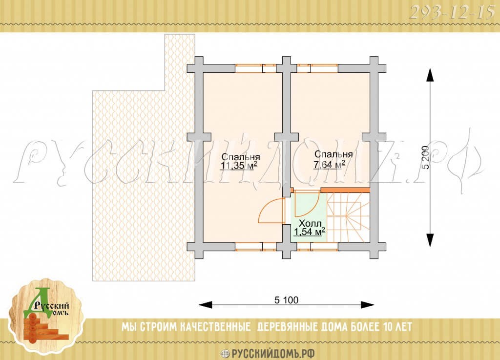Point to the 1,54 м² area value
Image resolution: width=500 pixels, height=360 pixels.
tap(309, 232)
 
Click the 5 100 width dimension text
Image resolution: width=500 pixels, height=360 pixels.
tap(286, 300)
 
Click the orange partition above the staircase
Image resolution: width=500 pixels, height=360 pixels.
tap(345, 190)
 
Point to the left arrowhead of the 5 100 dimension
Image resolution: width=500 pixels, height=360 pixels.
tap(206, 304)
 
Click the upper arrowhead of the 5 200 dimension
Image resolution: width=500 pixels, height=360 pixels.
tap(430, 75)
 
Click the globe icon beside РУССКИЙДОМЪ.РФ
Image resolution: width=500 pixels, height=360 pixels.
tap(225, 354)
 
